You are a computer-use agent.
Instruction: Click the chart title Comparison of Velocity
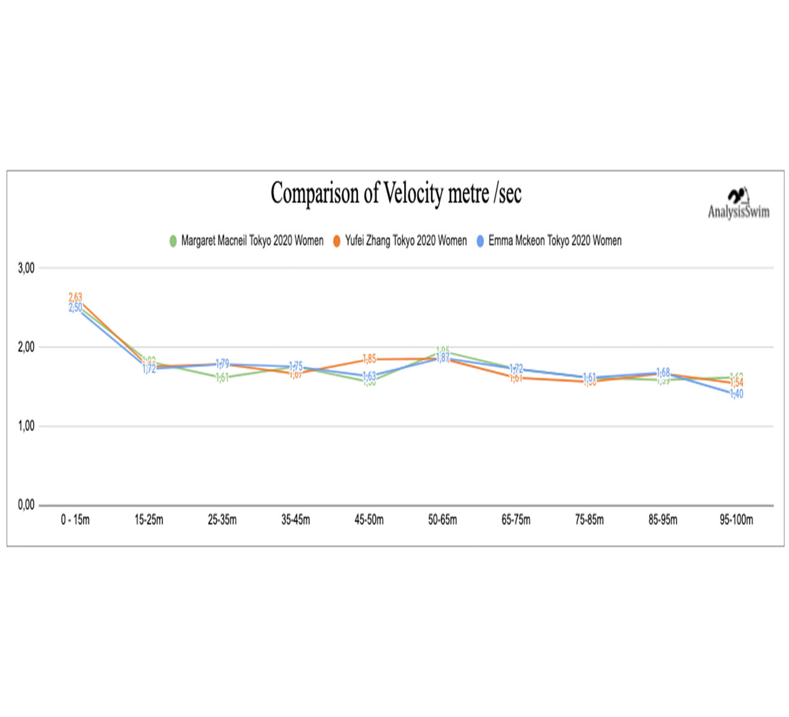(x=396, y=194)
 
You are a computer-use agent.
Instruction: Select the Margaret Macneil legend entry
(x=246, y=241)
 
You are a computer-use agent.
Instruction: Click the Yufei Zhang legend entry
(x=400, y=241)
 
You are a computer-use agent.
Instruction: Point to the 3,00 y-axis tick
(x=26, y=268)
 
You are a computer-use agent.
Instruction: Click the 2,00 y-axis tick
(x=26, y=347)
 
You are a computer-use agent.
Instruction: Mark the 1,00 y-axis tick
(x=26, y=426)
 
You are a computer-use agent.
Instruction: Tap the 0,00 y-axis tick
(x=26, y=505)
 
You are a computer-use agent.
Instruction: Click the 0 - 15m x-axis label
(x=75, y=520)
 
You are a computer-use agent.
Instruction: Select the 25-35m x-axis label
(x=222, y=520)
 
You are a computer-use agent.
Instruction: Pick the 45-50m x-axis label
(x=369, y=520)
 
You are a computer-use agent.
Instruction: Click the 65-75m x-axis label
(x=516, y=520)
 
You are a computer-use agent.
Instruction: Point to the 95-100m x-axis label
(x=736, y=520)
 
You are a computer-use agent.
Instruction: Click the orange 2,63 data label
(x=75, y=297)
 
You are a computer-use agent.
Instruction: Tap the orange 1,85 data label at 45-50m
(x=369, y=358)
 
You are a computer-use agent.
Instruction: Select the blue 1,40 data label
(x=736, y=394)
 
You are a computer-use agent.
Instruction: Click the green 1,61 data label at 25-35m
(x=222, y=378)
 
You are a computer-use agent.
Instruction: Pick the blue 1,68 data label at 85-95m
(x=663, y=372)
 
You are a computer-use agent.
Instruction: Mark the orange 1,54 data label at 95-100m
(x=736, y=383)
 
